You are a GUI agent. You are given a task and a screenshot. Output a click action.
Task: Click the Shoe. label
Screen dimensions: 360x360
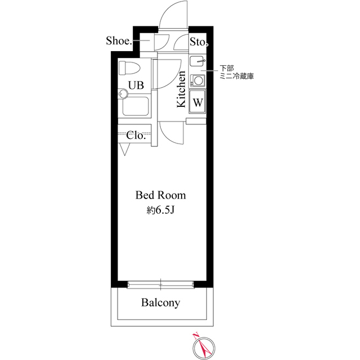click(x=119, y=41)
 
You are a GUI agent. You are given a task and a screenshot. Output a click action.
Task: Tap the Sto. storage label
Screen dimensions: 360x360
click(x=199, y=41)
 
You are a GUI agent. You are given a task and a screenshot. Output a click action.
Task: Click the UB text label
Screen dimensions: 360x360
click(x=136, y=85)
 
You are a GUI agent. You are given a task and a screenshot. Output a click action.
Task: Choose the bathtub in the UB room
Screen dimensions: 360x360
click(x=134, y=106)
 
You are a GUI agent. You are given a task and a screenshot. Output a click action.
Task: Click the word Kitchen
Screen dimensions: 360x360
click(x=182, y=89)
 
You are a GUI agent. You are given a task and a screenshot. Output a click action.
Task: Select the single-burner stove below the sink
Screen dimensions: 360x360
click(x=199, y=79)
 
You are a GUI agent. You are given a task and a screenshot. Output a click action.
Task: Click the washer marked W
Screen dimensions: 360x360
click(x=199, y=102)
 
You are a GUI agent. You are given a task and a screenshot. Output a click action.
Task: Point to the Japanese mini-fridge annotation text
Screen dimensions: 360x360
click(x=236, y=71)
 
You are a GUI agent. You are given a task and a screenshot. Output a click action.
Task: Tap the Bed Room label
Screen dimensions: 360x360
click(x=160, y=196)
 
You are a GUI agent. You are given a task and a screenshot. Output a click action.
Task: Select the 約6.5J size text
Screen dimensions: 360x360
click(x=160, y=210)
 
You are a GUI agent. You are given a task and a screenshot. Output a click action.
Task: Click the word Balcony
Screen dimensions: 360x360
click(x=160, y=303)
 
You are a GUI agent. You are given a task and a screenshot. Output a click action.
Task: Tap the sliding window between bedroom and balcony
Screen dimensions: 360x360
click(x=160, y=284)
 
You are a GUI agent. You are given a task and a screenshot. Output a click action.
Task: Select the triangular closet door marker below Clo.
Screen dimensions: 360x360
click(x=124, y=150)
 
